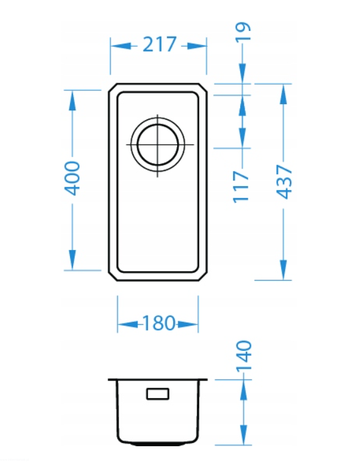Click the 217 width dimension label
coord(160,44)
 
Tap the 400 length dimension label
coord(72,178)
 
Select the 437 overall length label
coord(284,182)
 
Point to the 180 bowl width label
coord(158,323)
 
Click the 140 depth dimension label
coord(244,356)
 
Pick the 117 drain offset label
coord(241,187)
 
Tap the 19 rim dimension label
coord(243,31)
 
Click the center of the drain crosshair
coord(158,145)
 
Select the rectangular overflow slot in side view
coord(158,394)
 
